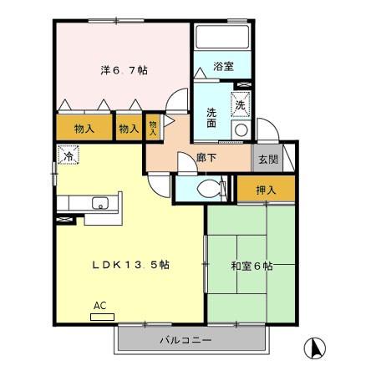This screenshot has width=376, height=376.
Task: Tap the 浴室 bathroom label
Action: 222,65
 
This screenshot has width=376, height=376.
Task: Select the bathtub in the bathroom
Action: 223,39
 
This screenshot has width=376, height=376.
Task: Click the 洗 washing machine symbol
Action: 240,105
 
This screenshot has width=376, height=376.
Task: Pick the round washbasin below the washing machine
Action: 241,130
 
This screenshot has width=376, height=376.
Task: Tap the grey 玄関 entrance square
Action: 267,158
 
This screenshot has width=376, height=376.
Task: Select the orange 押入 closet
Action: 266,191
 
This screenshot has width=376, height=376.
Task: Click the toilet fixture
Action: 212,187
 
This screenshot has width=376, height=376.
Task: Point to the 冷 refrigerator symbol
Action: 67,155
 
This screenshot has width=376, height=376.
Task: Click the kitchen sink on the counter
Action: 99,204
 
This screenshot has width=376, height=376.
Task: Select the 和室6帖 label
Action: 251,267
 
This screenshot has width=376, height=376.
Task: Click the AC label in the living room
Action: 100,306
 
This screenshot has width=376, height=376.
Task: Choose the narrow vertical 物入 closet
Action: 153,126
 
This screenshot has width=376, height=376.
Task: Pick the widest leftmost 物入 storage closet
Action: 84,129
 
